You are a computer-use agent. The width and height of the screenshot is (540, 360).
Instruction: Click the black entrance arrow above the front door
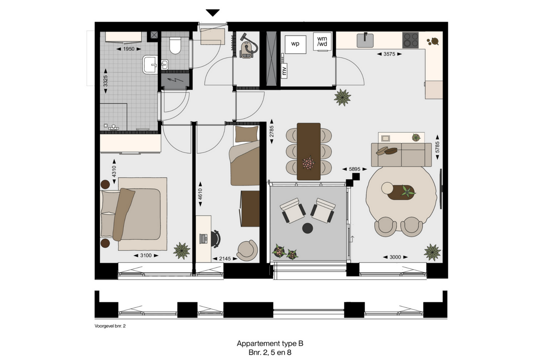pos(212,12)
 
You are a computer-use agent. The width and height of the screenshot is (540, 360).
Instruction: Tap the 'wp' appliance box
pos(295,44)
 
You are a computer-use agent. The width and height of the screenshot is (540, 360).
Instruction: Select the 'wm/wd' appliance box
pos(322,42)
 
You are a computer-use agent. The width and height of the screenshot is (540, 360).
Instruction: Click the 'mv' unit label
pos(284,71)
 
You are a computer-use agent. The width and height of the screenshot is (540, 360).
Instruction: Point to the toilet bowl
pos(175,46)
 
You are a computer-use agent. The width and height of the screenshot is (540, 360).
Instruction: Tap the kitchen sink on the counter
pos(365,40)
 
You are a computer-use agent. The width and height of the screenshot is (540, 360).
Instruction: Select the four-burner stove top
pos(410,40)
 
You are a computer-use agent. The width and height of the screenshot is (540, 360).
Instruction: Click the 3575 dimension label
pos(389,54)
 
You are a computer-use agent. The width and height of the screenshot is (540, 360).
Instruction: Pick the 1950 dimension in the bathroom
pos(129,49)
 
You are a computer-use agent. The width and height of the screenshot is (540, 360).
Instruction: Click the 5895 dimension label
pos(355,169)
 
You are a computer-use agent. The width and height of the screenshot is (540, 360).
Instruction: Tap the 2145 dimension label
pos(225,259)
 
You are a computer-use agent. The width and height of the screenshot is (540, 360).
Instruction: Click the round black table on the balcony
pos(307,228)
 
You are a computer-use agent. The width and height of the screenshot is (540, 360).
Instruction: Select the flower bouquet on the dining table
pos(308,163)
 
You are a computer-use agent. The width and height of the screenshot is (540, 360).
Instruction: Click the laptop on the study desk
pos(204,238)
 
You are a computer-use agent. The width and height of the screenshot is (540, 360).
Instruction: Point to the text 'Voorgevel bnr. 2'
pos(110,326)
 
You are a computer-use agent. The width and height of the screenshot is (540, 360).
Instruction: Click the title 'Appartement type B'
pos(270,343)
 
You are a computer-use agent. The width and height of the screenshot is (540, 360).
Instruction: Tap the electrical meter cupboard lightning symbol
pos(175,80)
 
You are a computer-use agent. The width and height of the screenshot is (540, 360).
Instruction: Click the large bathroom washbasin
pos(150,64)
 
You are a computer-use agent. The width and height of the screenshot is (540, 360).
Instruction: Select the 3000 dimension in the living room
pos(395,257)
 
